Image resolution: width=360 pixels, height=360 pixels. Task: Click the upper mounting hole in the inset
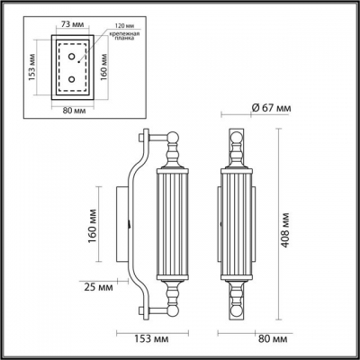tap(73, 55)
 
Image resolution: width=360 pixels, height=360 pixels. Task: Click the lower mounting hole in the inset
tap(73, 79)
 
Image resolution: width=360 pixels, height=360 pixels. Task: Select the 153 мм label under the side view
tap(149, 340)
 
